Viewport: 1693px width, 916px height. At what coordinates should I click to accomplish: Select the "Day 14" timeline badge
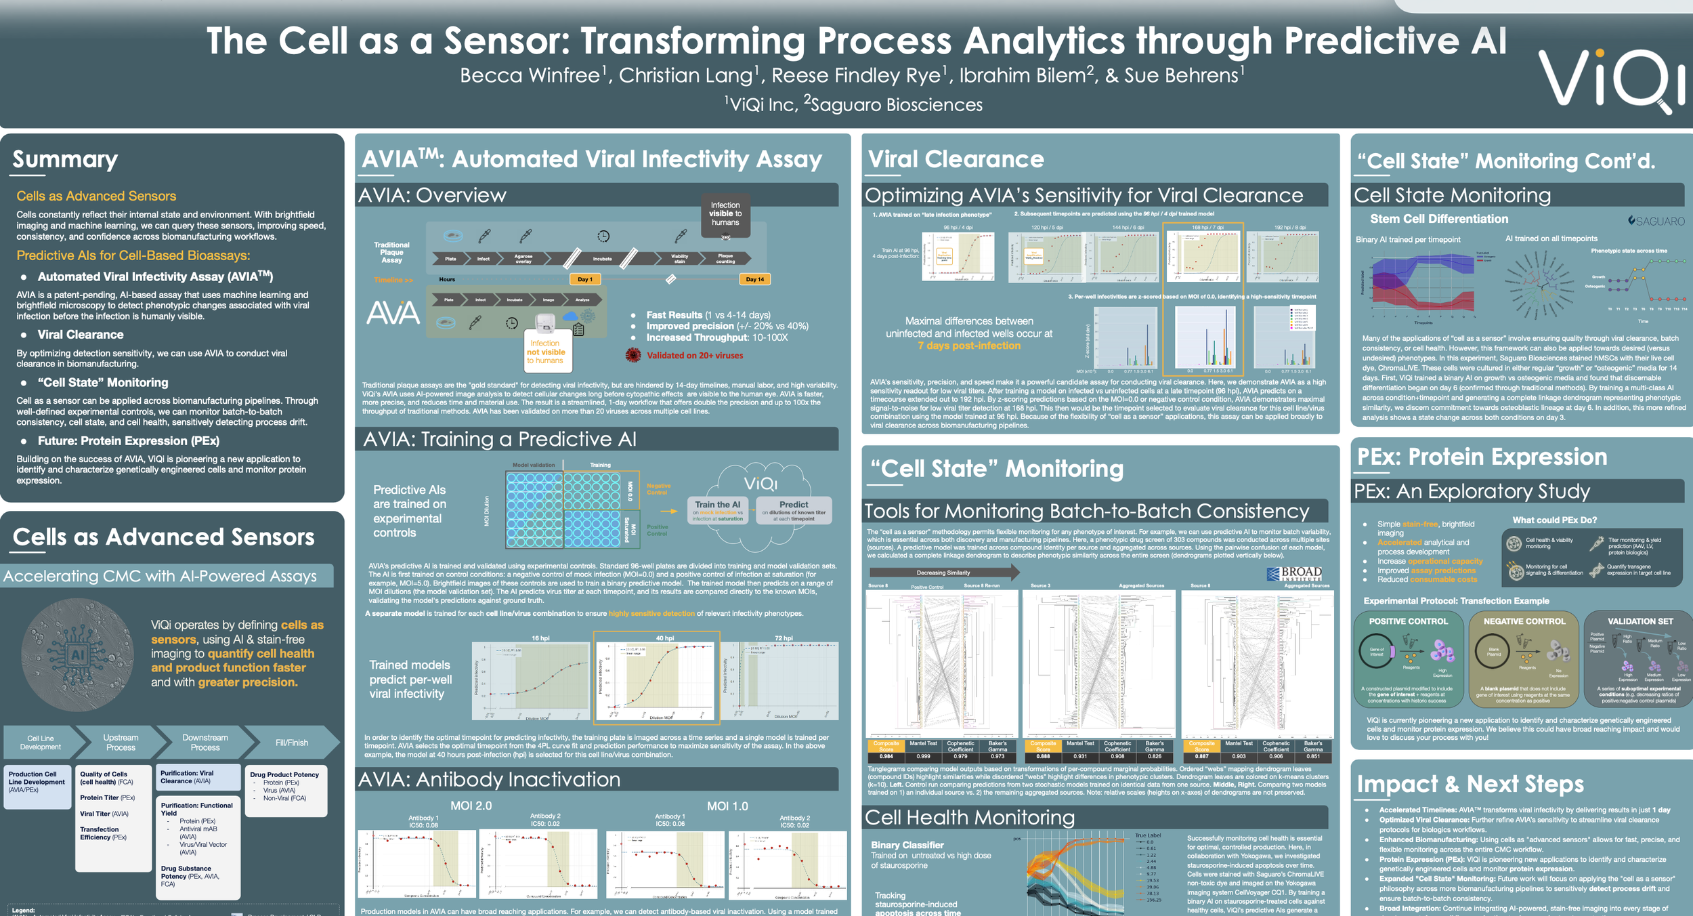[754, 279]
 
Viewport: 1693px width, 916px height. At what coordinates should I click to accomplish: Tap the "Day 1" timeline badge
[585, 279]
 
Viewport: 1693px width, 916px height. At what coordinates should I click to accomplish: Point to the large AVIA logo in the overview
[393, 313]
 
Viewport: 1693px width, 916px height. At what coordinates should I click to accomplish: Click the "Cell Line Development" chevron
[41, 743]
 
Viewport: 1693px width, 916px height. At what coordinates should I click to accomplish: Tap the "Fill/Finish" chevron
[292, 743]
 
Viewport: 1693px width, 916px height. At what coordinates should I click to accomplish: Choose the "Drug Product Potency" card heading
[284, 774]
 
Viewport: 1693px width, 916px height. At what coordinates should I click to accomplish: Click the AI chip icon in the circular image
[78, 654]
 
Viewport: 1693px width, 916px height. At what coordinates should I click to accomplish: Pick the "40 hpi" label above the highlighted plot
[664, 638]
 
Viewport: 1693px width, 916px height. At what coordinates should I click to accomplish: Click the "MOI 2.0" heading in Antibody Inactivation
[471, 806]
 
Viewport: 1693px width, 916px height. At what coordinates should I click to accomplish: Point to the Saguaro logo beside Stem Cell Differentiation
[1656, 221]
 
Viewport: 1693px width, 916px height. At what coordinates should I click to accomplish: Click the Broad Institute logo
[1294, 574]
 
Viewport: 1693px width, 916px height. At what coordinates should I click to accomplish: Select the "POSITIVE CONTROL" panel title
[1408, 621]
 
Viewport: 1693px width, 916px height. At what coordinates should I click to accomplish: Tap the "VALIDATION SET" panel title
[1640, 621]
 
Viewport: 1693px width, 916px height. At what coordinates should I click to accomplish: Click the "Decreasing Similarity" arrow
[944, 572]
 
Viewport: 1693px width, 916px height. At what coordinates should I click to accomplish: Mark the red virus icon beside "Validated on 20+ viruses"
[633, 355]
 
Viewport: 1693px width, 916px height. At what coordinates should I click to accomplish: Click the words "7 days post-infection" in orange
[969, 346]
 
